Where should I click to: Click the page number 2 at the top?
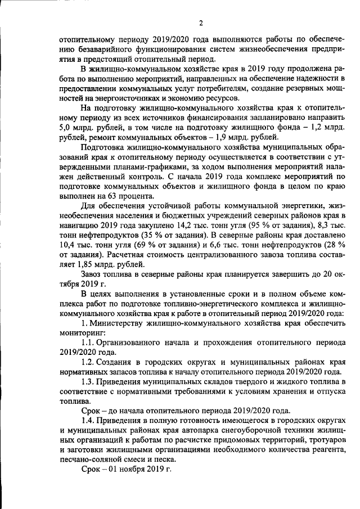(200, 22)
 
